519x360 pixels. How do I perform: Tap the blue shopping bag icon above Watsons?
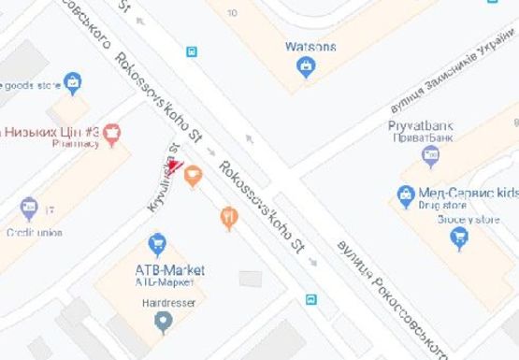[x=304, y=65]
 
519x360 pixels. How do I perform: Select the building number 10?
[x=232, y=12]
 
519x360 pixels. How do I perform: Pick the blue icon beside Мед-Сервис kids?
[x=405, y=195]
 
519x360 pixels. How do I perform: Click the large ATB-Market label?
[x=163, y=270]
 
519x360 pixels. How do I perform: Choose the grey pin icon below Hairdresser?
[x=164, y=323]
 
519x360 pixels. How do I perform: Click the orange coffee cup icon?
[x=193, y=174]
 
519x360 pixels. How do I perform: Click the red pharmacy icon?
[x=113, y=134]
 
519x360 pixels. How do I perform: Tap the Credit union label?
[x=33, y=231]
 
